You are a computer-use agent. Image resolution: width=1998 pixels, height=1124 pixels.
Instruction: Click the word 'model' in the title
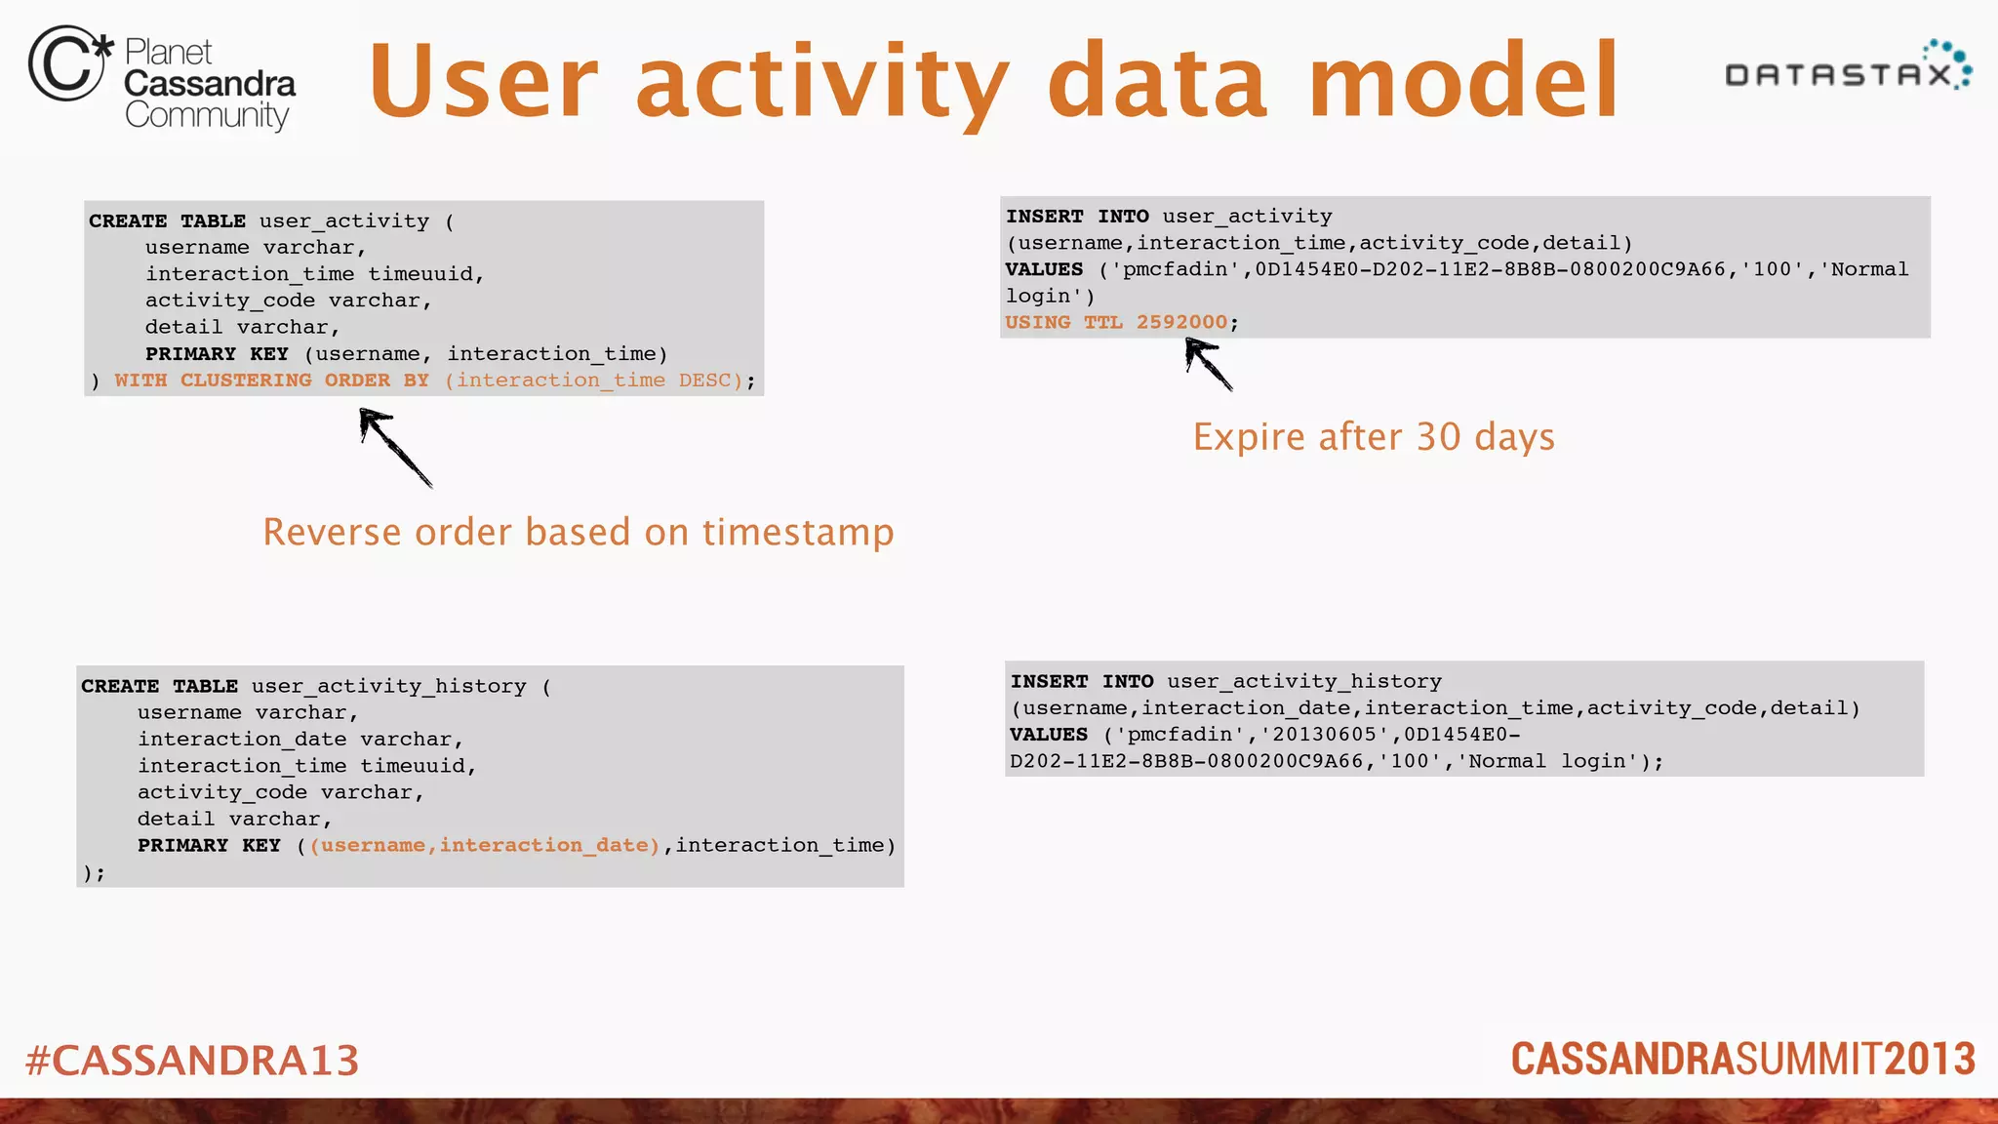click(x=1462, y=82)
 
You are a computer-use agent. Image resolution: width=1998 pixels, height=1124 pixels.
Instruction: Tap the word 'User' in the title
click(x=483, y=82)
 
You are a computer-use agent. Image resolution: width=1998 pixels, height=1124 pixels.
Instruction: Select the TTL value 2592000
click(x=1181, y=322)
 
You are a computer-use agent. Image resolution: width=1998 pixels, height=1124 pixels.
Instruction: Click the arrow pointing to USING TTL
click(x=1208, y=363)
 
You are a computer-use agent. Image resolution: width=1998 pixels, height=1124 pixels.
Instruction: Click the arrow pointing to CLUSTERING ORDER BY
click(x=394, y=447)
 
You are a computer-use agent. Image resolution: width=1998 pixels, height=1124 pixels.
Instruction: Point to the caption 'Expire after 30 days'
click(x=1373, y=437)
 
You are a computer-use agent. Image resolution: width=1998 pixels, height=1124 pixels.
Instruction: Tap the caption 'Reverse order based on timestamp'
click(x=578, y=533)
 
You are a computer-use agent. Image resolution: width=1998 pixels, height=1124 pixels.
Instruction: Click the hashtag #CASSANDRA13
click(x=192, y=1061)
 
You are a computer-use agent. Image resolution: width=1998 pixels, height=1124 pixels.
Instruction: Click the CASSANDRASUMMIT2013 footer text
click(x=1742, y=1060)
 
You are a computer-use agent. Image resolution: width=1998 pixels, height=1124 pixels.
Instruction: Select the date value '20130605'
click(x=1323, y=735)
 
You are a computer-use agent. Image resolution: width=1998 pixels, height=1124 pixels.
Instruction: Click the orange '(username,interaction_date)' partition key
click(x=485, y=846)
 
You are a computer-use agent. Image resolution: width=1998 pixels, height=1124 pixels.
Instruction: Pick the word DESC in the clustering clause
click(x=704, y=381)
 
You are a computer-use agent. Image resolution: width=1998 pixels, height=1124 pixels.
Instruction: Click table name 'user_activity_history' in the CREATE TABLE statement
click(x=388, y=687)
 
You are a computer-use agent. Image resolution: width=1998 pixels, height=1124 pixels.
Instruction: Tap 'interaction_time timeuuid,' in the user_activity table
click(x=314, y=274)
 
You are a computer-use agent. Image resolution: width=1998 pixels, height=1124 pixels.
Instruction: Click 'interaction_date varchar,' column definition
click(x=300, y=740)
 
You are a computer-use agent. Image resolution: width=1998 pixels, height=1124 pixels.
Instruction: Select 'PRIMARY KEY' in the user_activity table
click(x=217, y=354)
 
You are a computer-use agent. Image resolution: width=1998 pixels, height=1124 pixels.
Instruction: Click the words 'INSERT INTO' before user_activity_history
click(x=1082, y=682)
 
